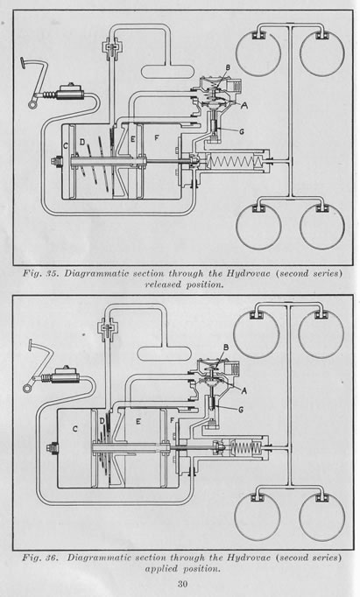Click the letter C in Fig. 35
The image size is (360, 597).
66,145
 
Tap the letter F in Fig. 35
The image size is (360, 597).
157,137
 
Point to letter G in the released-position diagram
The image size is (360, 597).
241,131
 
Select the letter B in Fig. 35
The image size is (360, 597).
228,67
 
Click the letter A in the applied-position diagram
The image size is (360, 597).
244,390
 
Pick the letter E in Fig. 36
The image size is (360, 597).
138,421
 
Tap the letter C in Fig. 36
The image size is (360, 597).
75,429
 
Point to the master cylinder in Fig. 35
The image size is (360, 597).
70,93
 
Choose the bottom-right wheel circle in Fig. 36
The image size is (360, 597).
322,516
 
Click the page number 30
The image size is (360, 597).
182,584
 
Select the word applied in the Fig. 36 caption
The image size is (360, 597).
161,568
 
